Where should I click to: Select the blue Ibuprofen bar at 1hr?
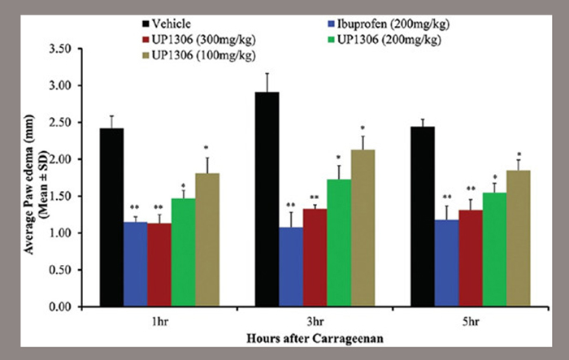tap(135, 264)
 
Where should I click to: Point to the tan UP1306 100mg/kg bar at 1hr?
tap(207, 240)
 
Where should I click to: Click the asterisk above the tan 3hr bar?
tap(363, 128)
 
